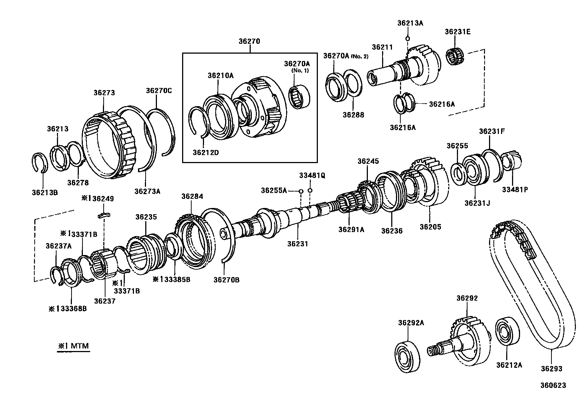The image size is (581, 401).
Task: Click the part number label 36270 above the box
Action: [x=249, y=41]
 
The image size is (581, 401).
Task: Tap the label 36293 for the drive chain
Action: [x=551, y=369]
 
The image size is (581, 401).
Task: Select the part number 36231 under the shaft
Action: [x=297, y=243]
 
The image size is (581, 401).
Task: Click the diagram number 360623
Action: [x=553, y=385]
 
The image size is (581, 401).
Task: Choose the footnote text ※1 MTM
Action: [x=73, y=346]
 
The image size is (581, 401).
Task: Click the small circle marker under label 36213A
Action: [x=408, y=39]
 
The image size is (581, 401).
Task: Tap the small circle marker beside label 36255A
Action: [x=301, y=191]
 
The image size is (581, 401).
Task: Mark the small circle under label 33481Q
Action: [x=310, y=190]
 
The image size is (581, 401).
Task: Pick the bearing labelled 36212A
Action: [x=507, y=332]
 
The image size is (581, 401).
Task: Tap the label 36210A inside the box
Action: [x=220, y=76]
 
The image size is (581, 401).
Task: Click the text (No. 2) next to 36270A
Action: [x=360, y=57]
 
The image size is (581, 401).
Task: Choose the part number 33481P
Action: [x=515, y=189]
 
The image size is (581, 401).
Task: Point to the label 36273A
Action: [x=147, y=191]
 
